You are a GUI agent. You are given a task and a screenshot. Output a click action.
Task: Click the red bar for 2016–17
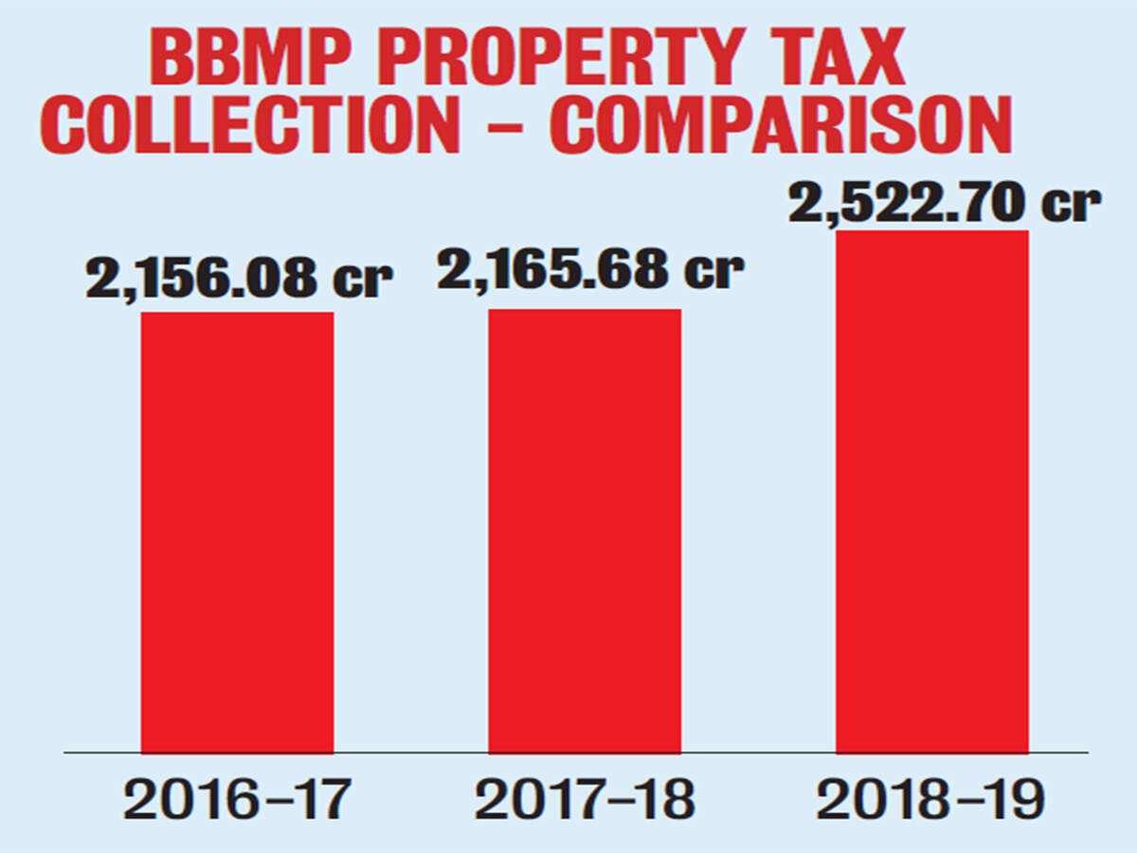tap(237, 532)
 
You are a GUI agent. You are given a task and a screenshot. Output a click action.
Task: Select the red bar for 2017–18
tap(585, 531)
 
